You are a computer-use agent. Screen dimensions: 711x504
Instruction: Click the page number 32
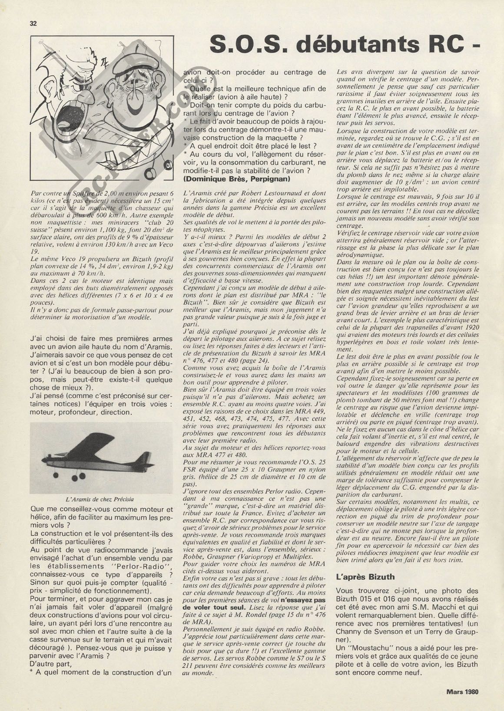[33, 24]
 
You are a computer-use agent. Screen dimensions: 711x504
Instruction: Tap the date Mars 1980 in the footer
[462, 691]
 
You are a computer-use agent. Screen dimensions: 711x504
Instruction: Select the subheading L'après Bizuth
[365, 577]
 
